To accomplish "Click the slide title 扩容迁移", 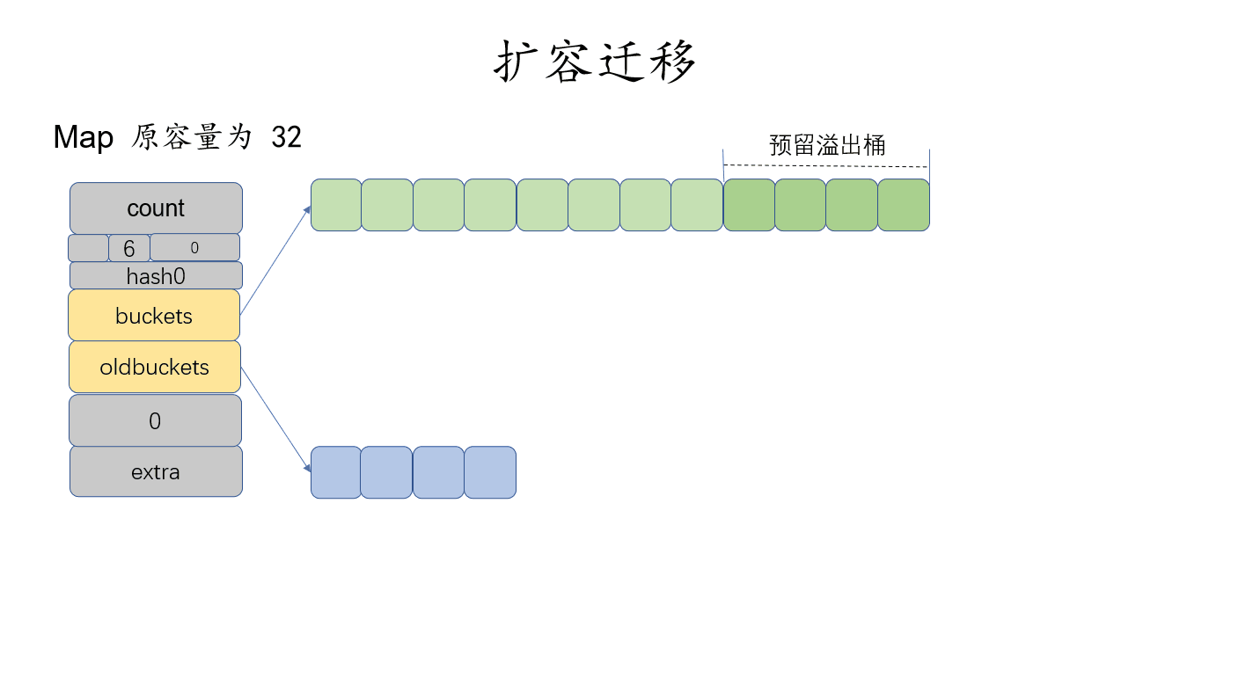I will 596,62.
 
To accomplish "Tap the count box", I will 156,208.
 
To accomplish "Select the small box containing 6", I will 129,249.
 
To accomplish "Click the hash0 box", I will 156,276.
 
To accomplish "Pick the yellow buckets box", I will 154,316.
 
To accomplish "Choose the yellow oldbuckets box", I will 155,367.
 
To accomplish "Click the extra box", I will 156,472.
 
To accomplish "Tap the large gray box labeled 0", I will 155,421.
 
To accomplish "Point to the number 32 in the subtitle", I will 286,137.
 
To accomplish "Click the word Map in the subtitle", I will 84,137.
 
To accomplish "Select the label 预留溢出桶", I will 827,145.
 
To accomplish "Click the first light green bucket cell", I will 336,205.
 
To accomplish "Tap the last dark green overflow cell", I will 904,205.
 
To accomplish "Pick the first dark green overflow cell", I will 749,205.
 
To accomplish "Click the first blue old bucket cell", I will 336,472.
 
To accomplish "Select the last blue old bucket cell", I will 490,472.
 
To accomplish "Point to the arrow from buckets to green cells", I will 275,260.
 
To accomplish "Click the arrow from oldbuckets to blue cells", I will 275,419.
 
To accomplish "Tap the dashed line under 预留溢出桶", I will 825,165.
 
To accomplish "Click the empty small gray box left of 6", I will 88,248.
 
